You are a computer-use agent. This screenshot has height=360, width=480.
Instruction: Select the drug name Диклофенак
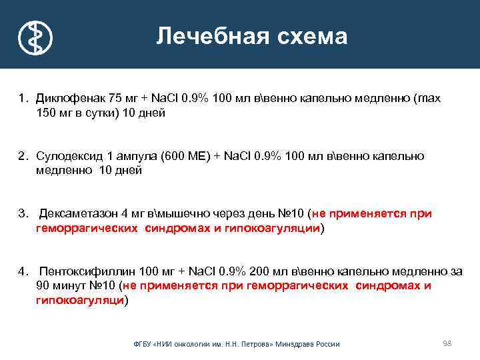tap(67, 99)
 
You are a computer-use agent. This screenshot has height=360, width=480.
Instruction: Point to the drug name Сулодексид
tap(67, 156)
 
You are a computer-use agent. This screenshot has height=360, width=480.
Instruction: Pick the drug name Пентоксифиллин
tap(78, 271)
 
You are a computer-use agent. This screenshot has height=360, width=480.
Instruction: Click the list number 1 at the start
tap(21, 99)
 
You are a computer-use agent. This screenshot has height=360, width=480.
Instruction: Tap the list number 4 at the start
tap(22, 271)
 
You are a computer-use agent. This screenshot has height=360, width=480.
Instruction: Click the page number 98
tap(447, 343)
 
